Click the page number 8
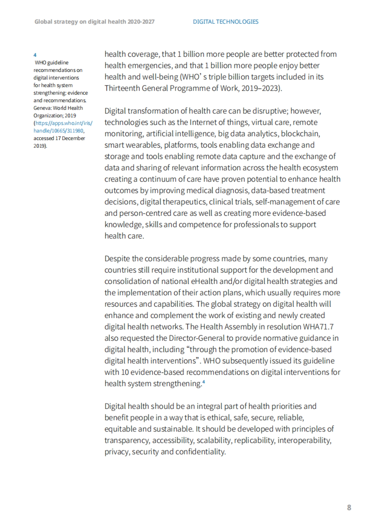pyautogui.click(x=349, y=507)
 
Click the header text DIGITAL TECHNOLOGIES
pyautogui.click(x=226, y=22)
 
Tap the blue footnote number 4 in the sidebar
pyautogui.click(x=35, y=55)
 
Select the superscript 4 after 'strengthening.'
pyautogui.click(x=203, y=382)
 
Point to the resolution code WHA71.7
pyautogui.click(x=318, y=327)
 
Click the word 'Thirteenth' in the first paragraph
pyautogui.click(x=122, y=88)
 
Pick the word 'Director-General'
pyautogui.click(x=197, y=338)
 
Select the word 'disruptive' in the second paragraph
pyautogui.click(x=269, y=111)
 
